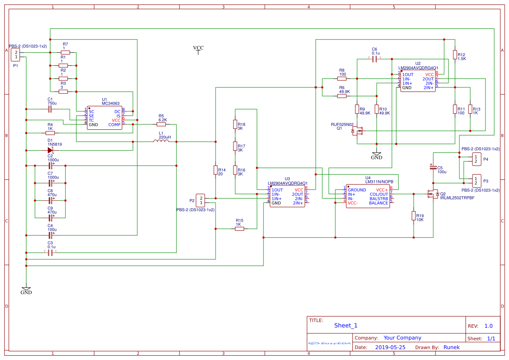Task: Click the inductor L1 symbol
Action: point(161,141)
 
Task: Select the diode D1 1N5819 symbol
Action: point(51,150)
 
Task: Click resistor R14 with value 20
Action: point(216,170)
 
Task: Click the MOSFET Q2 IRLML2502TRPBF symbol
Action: point(433,194)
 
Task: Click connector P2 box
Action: point(200,200)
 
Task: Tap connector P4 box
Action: point(476,159)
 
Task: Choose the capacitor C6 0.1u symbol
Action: point(374,57)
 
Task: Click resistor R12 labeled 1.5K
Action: point(455,54)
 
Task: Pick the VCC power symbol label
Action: point(198,49)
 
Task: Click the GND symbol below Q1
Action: point(377,155)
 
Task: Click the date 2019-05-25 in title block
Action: point(390,347)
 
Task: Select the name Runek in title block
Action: point(451,347)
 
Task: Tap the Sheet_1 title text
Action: point(346,325)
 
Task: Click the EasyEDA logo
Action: point(330,343)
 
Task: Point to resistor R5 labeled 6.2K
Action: point(162,124)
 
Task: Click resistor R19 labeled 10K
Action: point(413,216)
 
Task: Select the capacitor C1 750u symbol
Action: point(50,108)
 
